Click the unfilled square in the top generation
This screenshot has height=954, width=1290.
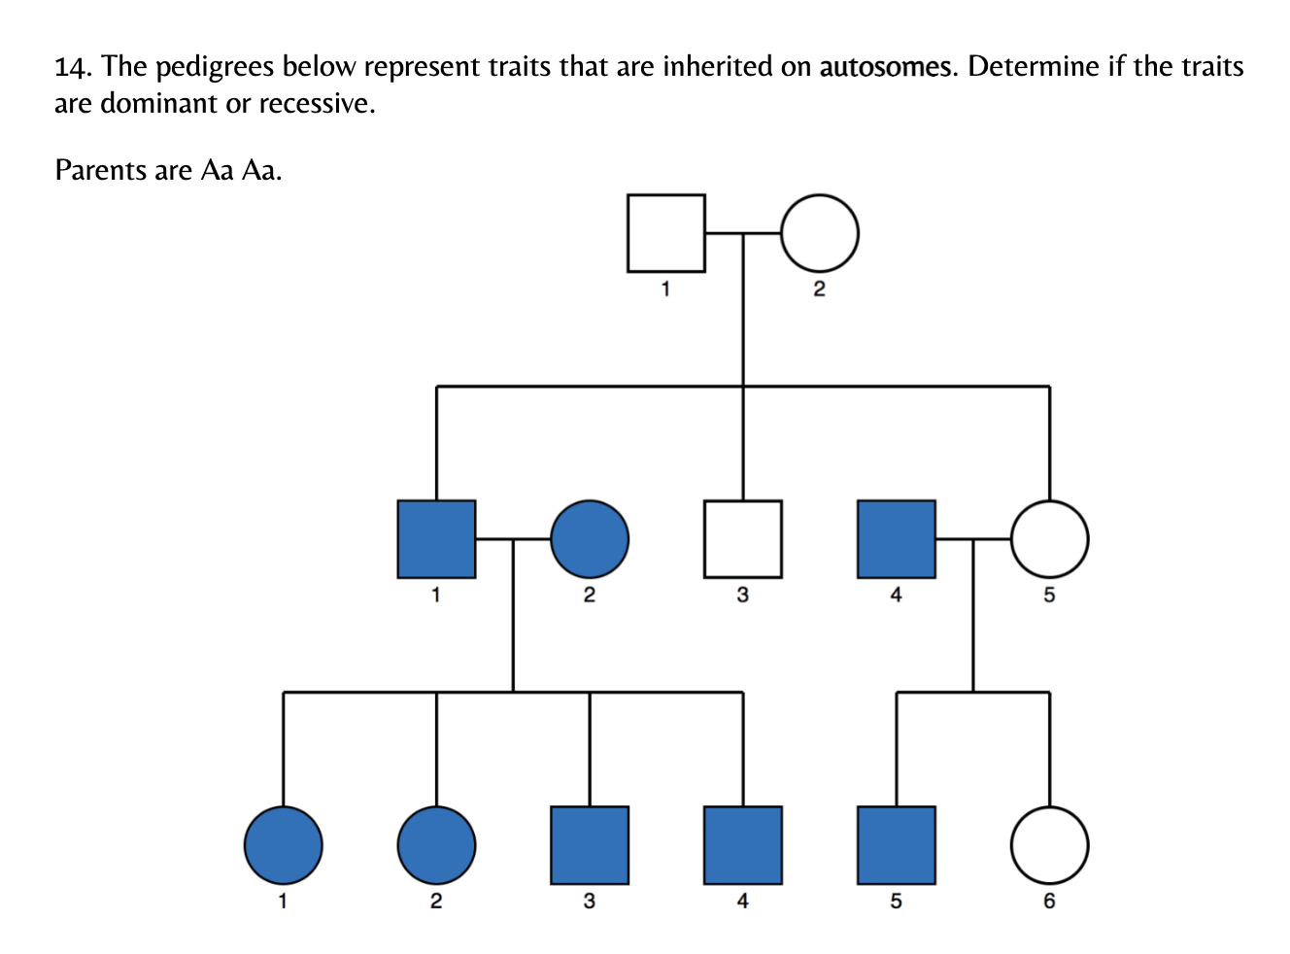[x=665, y=233]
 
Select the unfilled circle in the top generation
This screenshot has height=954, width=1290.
[x=819, y=233]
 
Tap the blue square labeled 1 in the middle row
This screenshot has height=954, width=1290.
[x=436, y=539]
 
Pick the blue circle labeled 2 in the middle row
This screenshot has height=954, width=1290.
[x=590, y=539]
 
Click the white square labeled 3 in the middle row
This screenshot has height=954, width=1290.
[x=743, y=539]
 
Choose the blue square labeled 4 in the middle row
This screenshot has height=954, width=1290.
[x=897, y=539]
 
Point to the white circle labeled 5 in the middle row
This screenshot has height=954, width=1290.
[x=1049, y=539]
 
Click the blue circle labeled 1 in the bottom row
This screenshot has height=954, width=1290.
[x=283, y=845]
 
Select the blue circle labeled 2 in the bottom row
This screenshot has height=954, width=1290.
[x=436, y=845]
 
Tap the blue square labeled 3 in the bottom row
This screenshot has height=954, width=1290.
[x=590, y=845]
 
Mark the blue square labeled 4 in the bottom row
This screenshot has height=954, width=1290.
[x=743, y=845]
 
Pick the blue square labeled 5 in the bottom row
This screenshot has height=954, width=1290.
[x=897, y=845]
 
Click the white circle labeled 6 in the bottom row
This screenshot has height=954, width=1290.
[x=1049, y=845]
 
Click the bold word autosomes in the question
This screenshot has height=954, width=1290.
[x=885, y=67]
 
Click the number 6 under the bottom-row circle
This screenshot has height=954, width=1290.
[x=1049, y=902]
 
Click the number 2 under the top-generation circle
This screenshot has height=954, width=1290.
[x=819, y=289]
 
